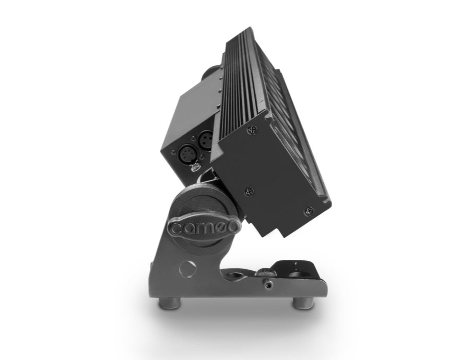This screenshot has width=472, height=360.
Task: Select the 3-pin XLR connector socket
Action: (206, 139)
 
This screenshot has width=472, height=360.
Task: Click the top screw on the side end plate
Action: (253, 130)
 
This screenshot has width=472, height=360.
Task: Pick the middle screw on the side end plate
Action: (249, 191)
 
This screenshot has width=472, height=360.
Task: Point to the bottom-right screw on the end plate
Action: (309, 211)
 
